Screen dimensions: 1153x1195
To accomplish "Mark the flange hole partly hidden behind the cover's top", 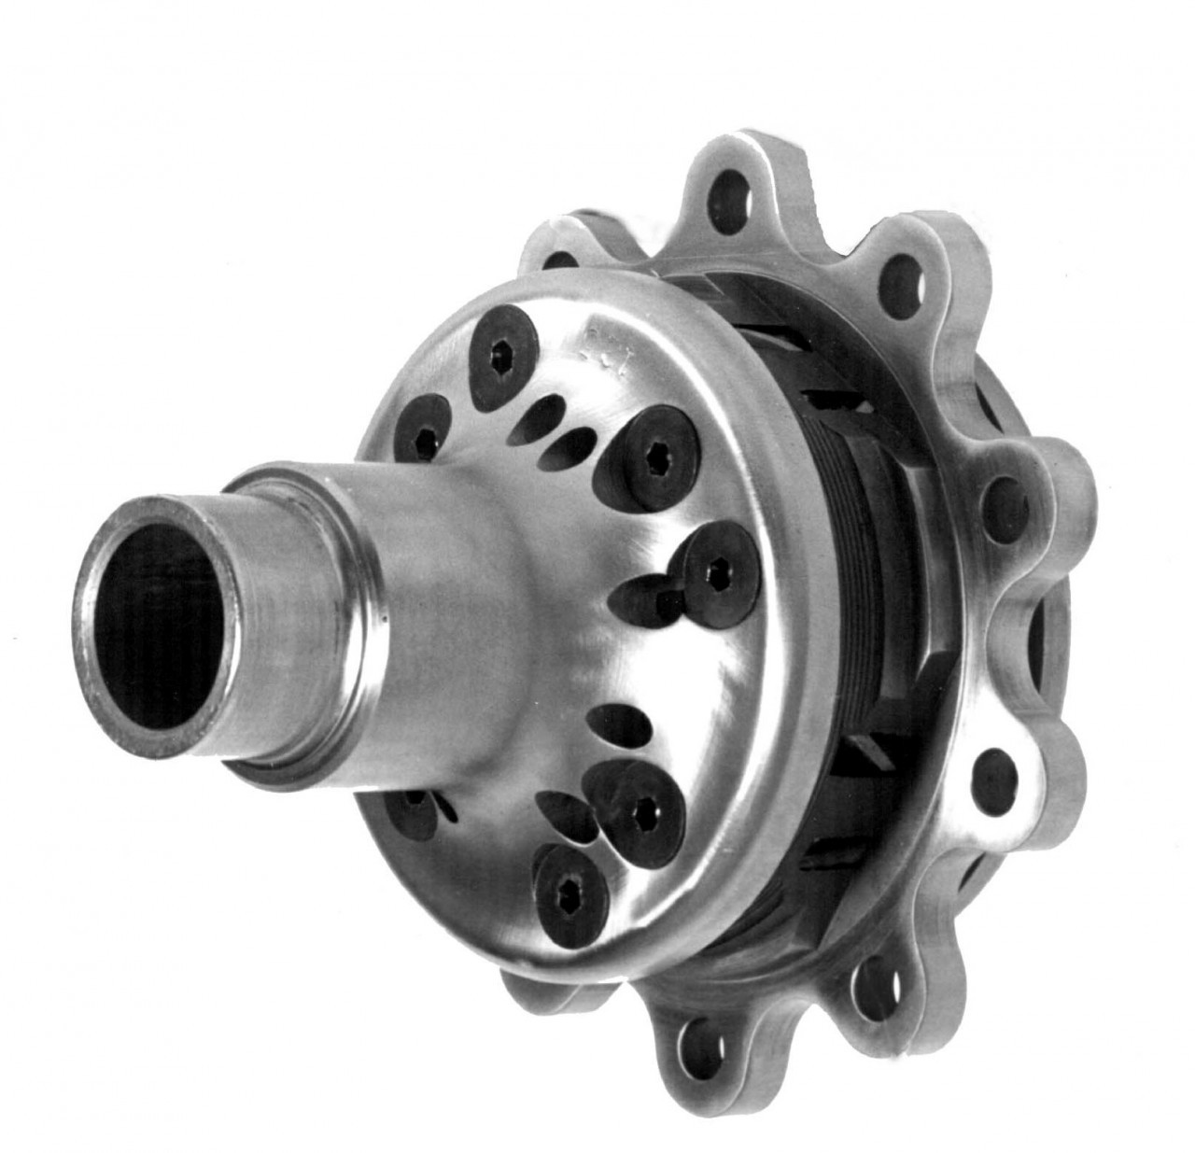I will coord(560,260).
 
